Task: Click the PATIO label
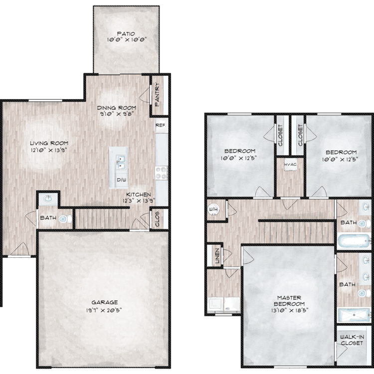(x=126, y=34)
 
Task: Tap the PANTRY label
(x=157, y=94)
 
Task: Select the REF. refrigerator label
(x=161, y=125)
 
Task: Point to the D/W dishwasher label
(x=121, y=180)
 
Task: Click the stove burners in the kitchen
(x=161, y=173)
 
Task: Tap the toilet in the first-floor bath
(x=65, y=219)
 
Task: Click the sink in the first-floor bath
(x=48, y=198)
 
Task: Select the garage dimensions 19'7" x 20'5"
(x=104, y=310)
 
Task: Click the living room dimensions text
(x=48, y=150)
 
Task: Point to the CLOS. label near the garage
(x=157, y=218)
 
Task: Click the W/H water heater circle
(x=213, y=209)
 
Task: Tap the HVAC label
(x=290, y=165)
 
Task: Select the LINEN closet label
(x=217, y=256)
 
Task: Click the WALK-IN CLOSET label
(x=352, y=340)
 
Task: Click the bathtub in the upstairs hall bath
(x=354, y=241)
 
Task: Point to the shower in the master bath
(x=354, y=315)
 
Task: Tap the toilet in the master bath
(x=364, y=293)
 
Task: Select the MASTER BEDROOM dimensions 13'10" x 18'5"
(x=290, y=310)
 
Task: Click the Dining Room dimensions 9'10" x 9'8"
(x=117, y=114)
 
